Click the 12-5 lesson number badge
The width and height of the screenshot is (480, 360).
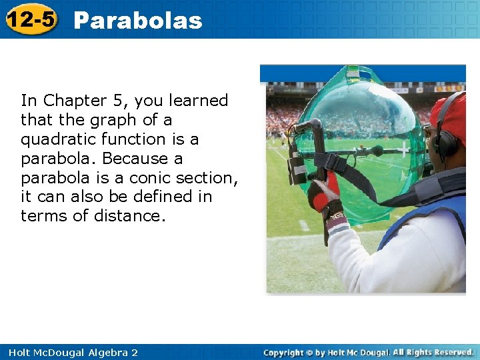(31, 19)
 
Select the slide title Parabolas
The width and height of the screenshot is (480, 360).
(137, 21)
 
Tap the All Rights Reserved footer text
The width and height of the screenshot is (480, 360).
(433, 352)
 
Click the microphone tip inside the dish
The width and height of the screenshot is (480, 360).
(377, 151)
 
